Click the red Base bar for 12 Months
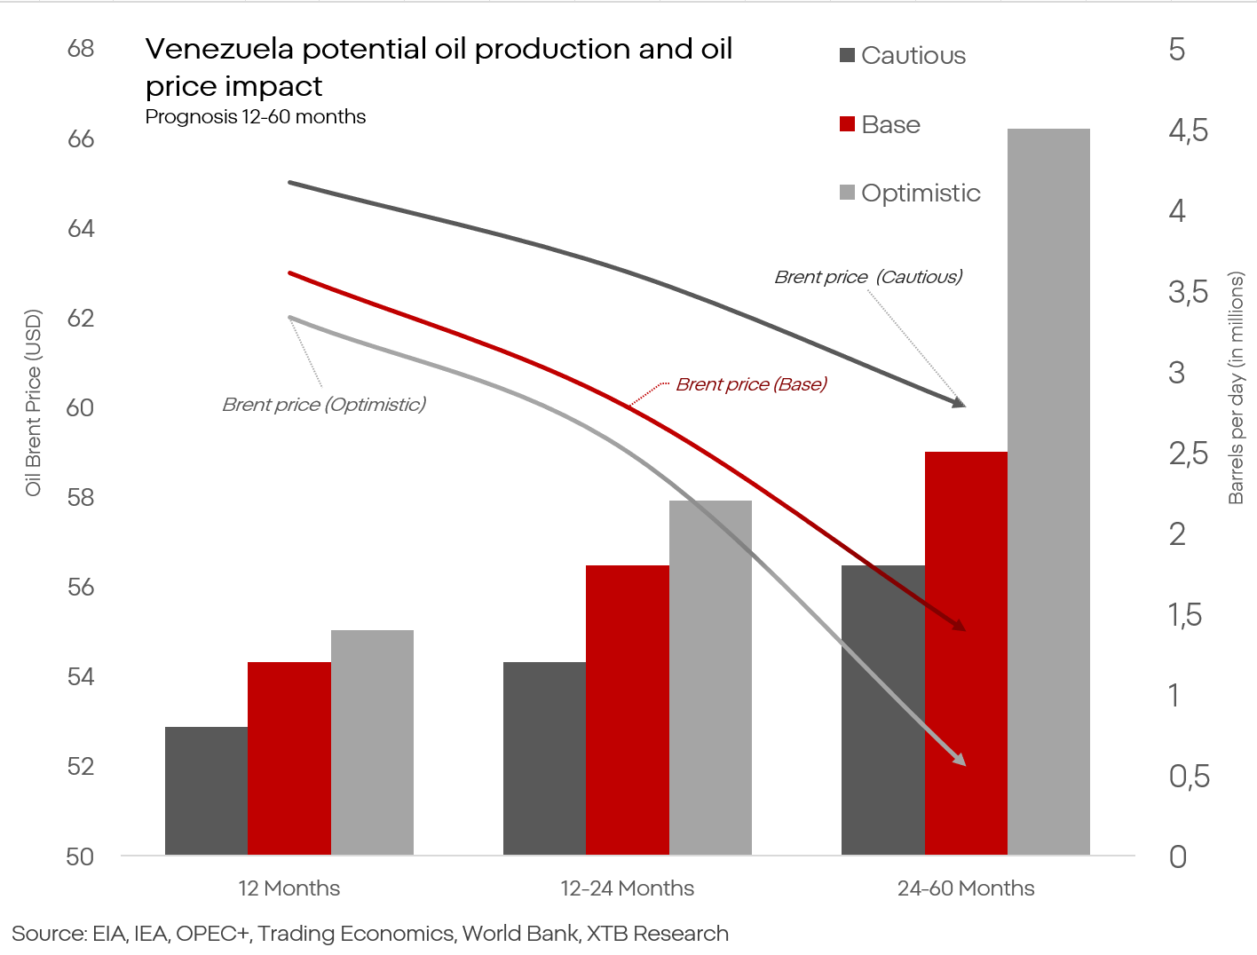click(x=289, y=758)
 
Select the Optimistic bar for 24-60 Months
click(x=1048, y=492)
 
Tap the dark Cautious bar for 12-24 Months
click(x=544, y=758)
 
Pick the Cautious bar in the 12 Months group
click(x=206, y=791)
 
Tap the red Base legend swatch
click(x=847, y=124)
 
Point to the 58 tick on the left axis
click(x=81, y=497)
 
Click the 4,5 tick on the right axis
click(x=1188, y=130)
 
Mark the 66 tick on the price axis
click(x=81, y=138)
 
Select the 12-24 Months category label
click(x=627, y=888)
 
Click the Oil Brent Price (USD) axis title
click(x=34, y=402)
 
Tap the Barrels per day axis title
click(x=1236, y=387)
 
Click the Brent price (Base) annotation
click(x=751, y=384)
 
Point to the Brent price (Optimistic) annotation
click(x=324, y=405)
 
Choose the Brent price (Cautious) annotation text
click(x=868, y=277)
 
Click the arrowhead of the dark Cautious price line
click(x=959, y=403)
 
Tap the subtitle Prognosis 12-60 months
click(x=256, y=117)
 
